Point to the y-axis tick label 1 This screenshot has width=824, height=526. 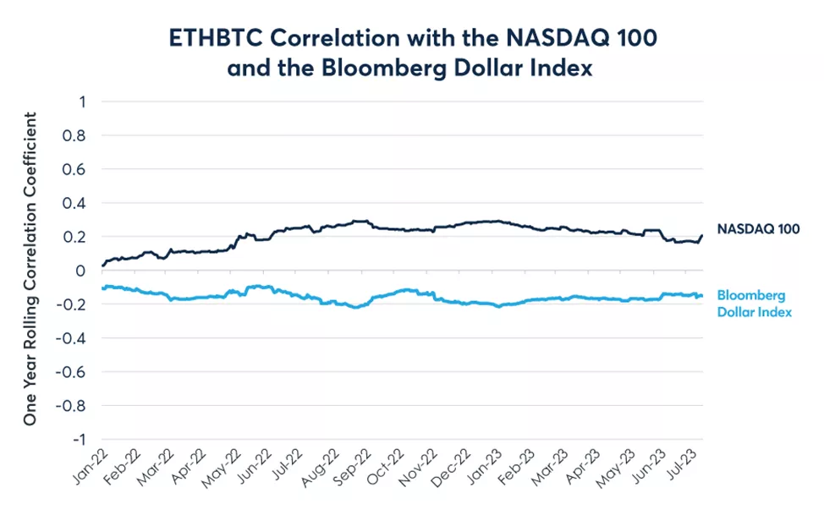(82, 101)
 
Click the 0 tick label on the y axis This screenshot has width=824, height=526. (82, 271)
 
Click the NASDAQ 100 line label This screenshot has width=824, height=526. (758, 228)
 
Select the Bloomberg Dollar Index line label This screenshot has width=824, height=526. (755, 304)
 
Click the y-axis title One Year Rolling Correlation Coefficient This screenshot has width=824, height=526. (30, 271)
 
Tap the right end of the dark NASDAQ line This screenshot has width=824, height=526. (702, 236)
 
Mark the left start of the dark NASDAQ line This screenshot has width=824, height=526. (102, 266)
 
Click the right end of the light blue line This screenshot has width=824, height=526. (702, 295)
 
